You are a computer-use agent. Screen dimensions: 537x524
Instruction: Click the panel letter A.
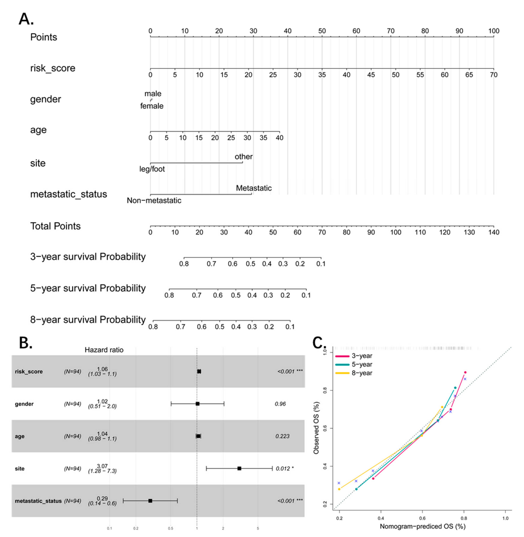(26, 19)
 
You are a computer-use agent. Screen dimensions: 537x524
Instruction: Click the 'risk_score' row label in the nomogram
(53, 68)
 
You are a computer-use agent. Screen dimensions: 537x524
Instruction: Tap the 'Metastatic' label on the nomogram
(253, 188)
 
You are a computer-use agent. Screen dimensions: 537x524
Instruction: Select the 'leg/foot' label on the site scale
(152, 169)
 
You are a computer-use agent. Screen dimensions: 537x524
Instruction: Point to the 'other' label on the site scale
(243, 157)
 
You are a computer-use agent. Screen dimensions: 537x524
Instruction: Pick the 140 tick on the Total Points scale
(493, 232)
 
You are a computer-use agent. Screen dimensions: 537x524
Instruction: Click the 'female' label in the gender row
(152, 106)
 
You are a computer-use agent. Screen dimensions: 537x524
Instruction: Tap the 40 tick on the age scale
(279, 138)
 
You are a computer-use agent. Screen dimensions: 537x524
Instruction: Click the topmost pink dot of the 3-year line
(465, 372)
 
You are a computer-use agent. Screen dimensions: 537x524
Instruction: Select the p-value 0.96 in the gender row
(280, 404)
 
